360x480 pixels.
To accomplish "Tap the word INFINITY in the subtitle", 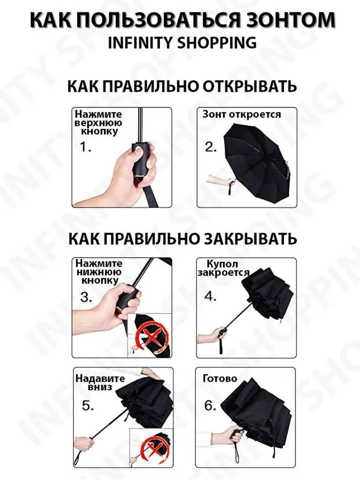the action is click(x=140, y=42).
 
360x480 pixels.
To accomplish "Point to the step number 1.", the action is click(x=86, y=147).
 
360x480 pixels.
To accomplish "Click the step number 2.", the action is click(x=211, y=147).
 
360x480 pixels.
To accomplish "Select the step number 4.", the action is click(x=210, y=296).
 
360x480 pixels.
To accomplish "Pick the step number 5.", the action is click(x=88, y=406).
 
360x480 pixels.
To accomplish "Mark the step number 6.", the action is click(x=210, y=406).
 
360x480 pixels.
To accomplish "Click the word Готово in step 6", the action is click(x=220, y=378).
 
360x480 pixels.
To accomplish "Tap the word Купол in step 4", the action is click(x=222, y=264).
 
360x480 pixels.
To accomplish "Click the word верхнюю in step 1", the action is click(x=98, y=123).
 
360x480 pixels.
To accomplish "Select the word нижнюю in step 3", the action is click(x=99, y=272).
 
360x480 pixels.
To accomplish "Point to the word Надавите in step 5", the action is click(x=100, y=379).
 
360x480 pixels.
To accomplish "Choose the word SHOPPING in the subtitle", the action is click(x=217, y=42).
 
